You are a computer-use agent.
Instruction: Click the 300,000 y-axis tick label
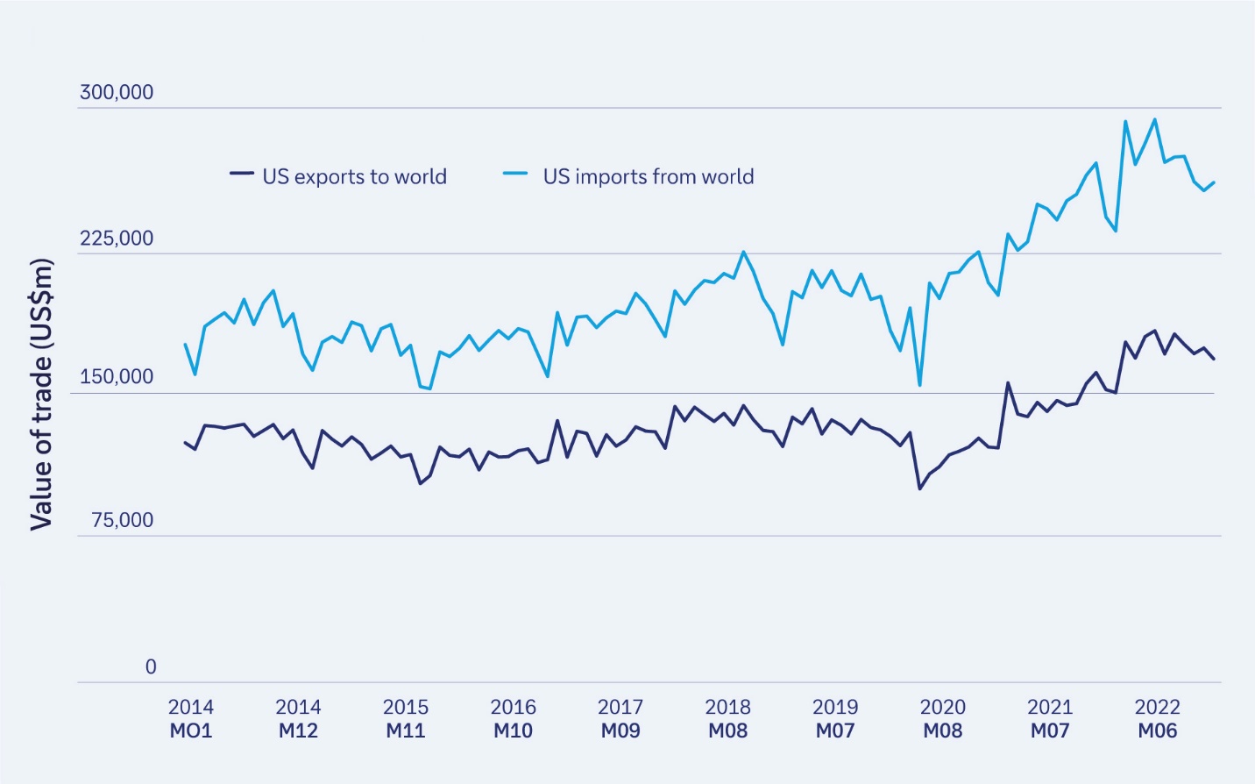[x=116, y=92]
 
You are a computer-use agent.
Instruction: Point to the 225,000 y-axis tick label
[x=116, y=239]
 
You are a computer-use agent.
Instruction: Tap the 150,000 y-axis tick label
[x=116, y=377]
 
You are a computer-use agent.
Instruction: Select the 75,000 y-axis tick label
[x=122, y=520]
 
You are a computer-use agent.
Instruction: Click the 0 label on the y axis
[x=151, y=666]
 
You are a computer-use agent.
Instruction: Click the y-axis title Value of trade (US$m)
[x=41, y=394]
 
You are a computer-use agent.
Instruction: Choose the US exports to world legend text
[x=354, y=176]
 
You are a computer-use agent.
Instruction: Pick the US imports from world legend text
[x=648, y=176]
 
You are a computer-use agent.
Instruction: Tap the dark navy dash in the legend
[x=242, y=174]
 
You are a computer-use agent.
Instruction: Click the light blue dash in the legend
[x=515, y=174]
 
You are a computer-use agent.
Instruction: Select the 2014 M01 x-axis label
[x=191, y=718]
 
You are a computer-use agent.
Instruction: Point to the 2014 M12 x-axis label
[x=298, y=718]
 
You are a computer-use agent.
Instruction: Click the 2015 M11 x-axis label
[x=406, y=718]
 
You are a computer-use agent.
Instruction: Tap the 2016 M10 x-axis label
[x=513, y=718]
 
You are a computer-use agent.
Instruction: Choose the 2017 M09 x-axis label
[x=620, y=718]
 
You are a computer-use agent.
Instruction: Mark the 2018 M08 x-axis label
[x=727, y=718]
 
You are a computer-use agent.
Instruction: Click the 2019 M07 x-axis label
[x=835, y=718]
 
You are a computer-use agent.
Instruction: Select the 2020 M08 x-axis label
[x=942, y=718]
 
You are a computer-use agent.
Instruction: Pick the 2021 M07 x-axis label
[x=1050, y=718]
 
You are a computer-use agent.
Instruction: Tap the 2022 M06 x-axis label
[x=1157, y=718]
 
